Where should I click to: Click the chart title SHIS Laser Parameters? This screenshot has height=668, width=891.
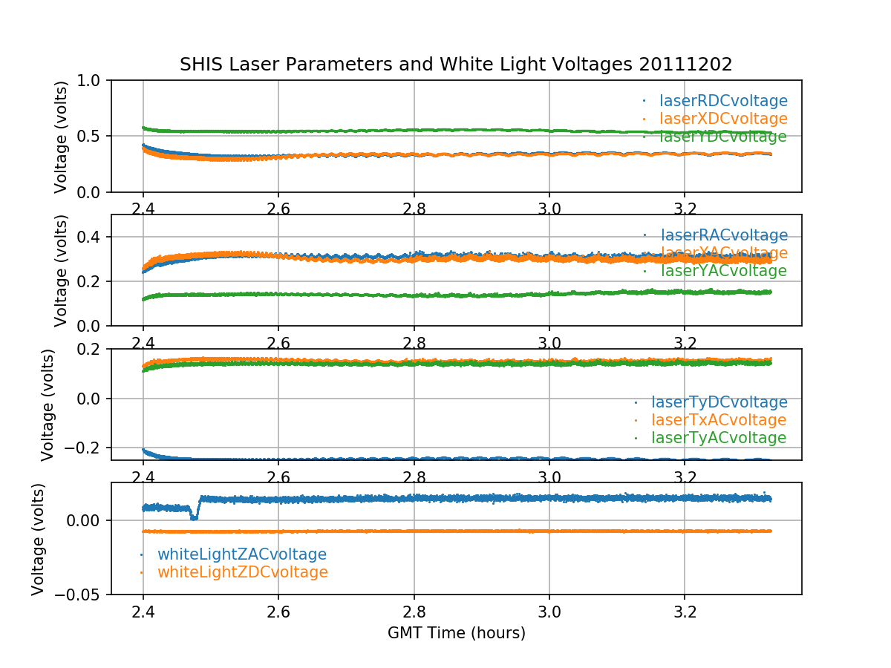coord(456,65)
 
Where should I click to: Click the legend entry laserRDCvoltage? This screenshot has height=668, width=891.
coord(723,101)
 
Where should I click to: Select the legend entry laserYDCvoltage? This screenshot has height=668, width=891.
coord(722,137)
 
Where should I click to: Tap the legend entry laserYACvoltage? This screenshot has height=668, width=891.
coord(722,271)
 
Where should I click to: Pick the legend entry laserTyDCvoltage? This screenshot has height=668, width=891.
coord(719,402)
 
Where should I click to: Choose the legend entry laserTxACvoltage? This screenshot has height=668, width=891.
coord(718,420)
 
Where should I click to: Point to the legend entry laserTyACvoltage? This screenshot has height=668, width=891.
coord(718,438)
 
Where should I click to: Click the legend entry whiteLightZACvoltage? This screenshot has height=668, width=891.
coord(241,554)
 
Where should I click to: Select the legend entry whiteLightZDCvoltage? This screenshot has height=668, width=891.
coord(242,572)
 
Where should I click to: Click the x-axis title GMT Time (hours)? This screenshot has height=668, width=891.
coord(456,633)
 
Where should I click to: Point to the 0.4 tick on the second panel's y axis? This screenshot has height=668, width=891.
coord(93,237)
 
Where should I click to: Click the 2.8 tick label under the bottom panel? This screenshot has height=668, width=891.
coord(414,614)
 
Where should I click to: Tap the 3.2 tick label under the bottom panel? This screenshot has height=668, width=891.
coord(685,614)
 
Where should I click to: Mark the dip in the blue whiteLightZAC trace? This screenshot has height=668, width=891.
coord(194,516)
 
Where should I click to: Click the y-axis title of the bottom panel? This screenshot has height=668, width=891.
coord(39,539)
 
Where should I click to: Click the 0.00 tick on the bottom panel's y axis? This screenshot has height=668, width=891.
coord(86,520)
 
